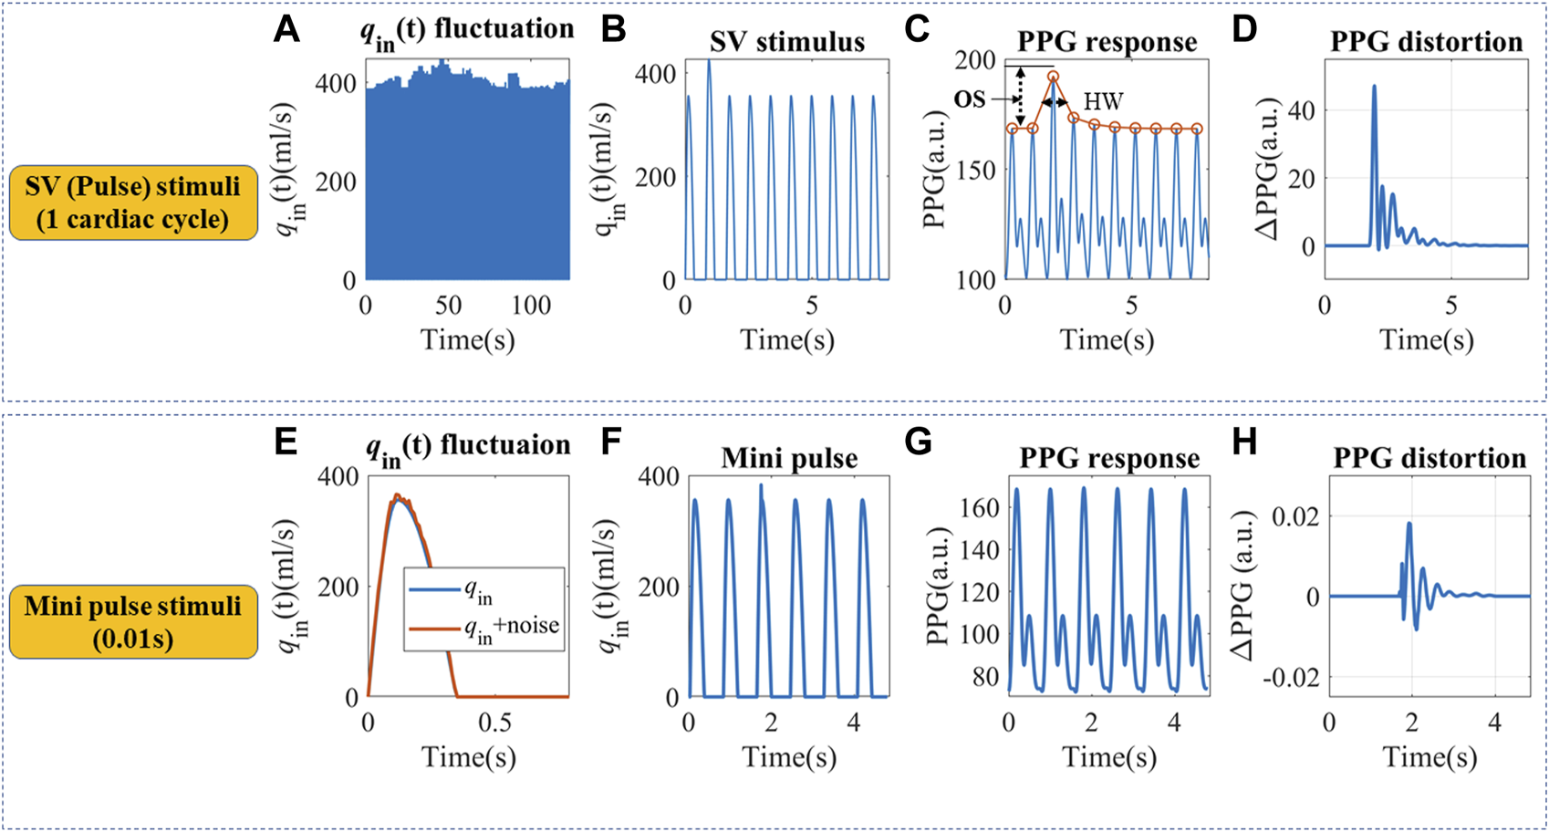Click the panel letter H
point(1244,442)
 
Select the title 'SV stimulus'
point(787,41)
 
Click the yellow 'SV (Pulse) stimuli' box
point(133,203)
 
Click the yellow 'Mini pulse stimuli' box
point(133,621)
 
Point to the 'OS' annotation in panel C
point(970,99)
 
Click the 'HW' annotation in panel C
point(1103,101)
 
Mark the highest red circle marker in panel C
point(1053,77)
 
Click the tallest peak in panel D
point(1374,87)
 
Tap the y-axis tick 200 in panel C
point(975,60)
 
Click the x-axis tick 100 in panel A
point(532,305)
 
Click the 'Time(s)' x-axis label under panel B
point(787,340)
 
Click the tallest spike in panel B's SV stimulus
point(709,62)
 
